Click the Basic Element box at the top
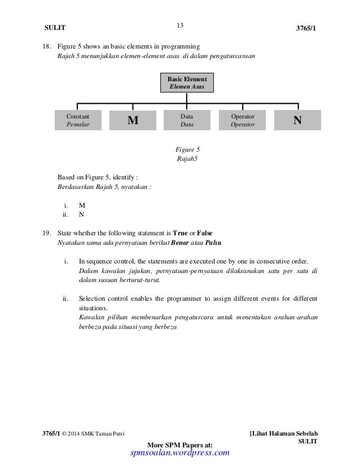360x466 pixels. point(187,82)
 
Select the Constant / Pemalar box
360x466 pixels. point(77,120)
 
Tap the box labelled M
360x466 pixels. point(133,120)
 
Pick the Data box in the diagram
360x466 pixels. point(187,120)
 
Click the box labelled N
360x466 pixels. point(297,120)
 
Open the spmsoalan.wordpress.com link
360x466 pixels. point(179,452)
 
